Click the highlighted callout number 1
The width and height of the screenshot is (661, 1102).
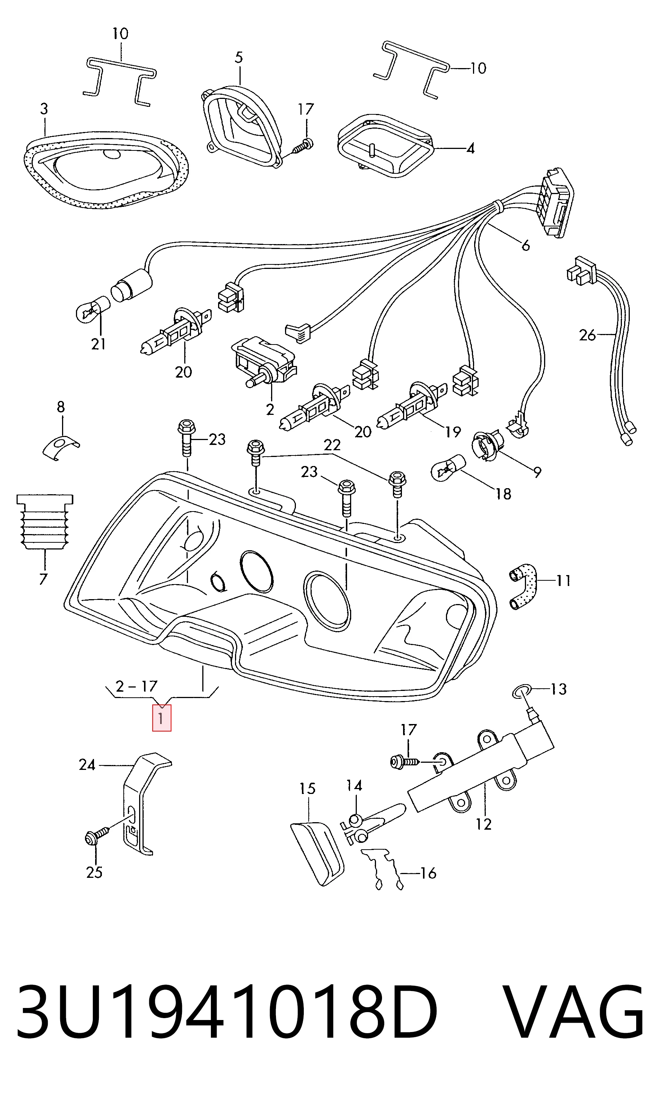pyautogui.click(x=161, y=718)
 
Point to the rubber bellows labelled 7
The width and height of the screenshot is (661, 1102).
pyautogui.click(x=44, y=522)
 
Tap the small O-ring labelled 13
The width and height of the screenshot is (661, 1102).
pyautogui.click(x=522, y=692)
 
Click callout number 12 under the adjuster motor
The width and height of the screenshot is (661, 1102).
pyautogui.click(x=483, y=824)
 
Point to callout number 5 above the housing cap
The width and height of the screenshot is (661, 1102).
pyautogui.click(x=239, y=58)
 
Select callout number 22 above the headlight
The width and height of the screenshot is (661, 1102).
pyautogui.click(x=332, y=445)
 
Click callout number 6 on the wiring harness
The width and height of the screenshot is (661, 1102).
pyautogui.click(x=526, y=246)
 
